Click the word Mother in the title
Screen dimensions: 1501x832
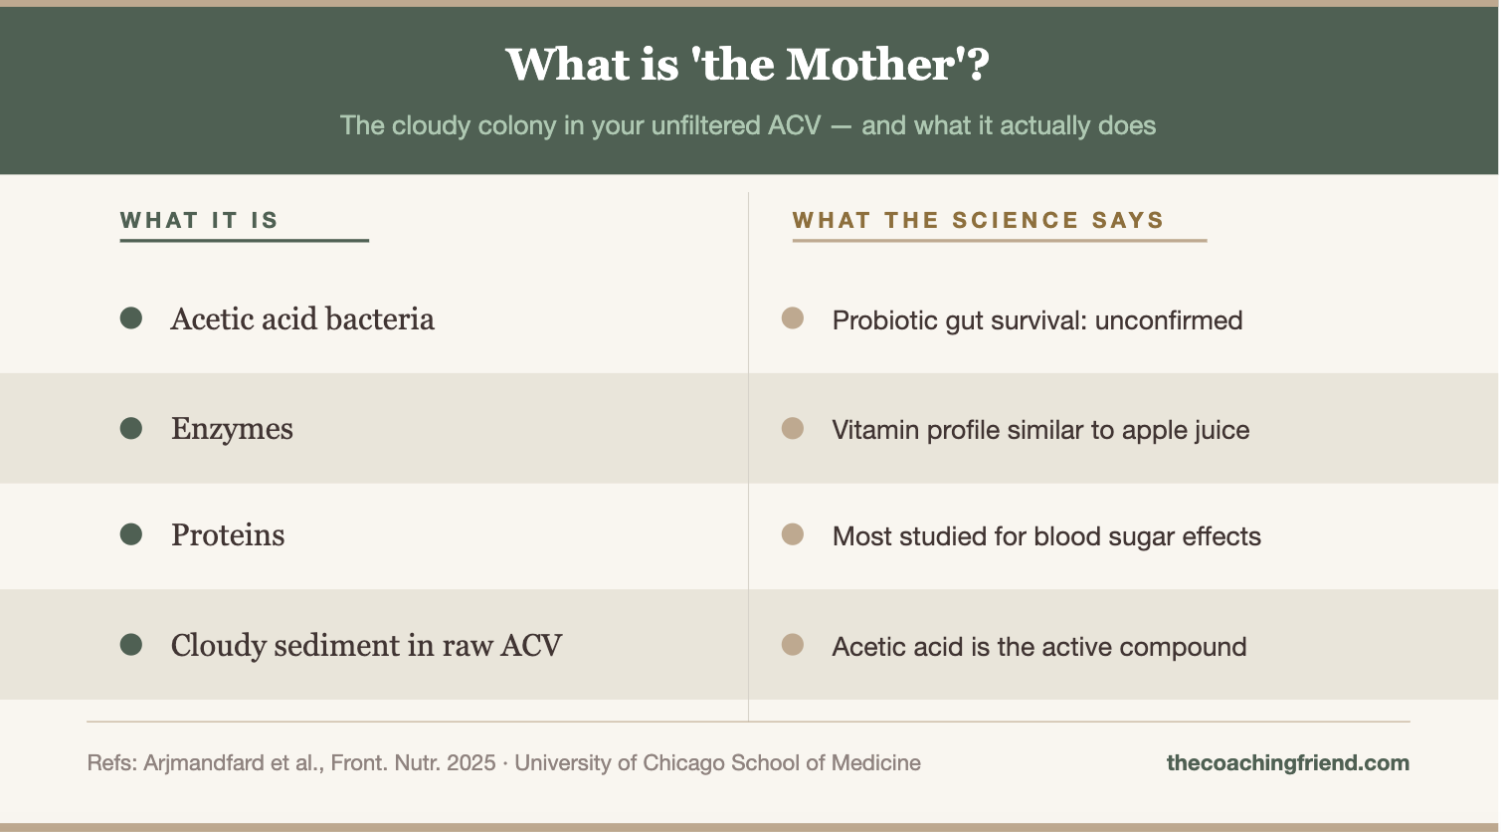pyautogui.click(x=869, y=65)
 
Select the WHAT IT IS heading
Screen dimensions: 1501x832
pyautogui.click(x=199, y=220)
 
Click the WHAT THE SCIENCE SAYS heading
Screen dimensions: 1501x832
pyautogui.click(x=979, y=220)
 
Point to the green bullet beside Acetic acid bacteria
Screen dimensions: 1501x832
pyautogui.click(x=131, y=317)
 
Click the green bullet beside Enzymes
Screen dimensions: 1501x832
pyautogui.click(x=131, y=428)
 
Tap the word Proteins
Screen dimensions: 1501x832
pyautogui.click(x=228, y=535)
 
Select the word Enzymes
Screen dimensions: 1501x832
pyautogui.click(x=232, y=429)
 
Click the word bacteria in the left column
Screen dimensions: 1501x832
pyautogui.click(x=380, y=318)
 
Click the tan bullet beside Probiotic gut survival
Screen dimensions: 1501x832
pyautogui.click(x=793, y=317)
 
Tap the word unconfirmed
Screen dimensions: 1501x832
pyautogui.click(x=1169, y=320)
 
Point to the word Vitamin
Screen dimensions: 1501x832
pyautogui.click(x=875, y=430)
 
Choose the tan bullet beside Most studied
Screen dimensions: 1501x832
pyautogui.click(x=793, y=534)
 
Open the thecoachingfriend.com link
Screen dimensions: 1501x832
pyautogui.click(x=1288, y=763)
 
